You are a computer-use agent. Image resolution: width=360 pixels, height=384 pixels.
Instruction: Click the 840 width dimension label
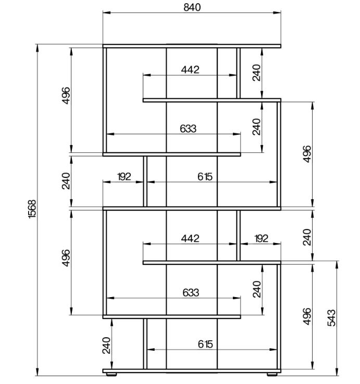click(x=192, y=7)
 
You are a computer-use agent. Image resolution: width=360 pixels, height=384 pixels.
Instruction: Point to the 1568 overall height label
click(x=32, y=209)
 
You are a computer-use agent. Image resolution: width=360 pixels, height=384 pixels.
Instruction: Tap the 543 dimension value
click(x=331, y=317)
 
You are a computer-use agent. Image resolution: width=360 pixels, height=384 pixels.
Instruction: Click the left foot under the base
click(x=111, y=374)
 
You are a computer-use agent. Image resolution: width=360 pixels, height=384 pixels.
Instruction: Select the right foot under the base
click(x=272, y=374)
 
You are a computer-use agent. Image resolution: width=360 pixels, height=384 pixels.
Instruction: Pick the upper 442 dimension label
click(x=190, y=70)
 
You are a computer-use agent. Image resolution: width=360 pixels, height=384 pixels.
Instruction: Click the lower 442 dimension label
click(x=190, y=238)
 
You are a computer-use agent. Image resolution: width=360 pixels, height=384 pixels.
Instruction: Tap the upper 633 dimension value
click(x=188, y=129)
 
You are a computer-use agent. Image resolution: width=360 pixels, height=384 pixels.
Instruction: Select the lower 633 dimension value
click(x=191, y=292)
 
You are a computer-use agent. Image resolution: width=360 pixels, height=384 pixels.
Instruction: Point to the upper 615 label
click(x=205, y=177)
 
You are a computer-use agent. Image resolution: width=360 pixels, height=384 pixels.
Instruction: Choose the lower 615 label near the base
click(x=205, y=344)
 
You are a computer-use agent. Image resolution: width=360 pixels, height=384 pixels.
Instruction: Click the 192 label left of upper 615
click(x=124, y=177)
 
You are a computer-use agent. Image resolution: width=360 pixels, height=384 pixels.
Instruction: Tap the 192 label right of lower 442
click(x=262, y=238)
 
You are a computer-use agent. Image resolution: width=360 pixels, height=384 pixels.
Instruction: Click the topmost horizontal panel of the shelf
click(x=192, y=46)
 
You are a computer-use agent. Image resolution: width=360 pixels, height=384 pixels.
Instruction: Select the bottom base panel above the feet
click(x=192, y=371)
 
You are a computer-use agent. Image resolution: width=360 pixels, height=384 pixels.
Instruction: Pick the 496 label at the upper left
click(x=66, y=96)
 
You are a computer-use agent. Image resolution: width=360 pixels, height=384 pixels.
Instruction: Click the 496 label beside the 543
click(x=307, y=316)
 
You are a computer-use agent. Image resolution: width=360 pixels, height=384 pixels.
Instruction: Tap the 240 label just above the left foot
click(x=107, y=345)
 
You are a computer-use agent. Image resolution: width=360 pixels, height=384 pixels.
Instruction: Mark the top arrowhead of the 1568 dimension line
click(x=38, y=48)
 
